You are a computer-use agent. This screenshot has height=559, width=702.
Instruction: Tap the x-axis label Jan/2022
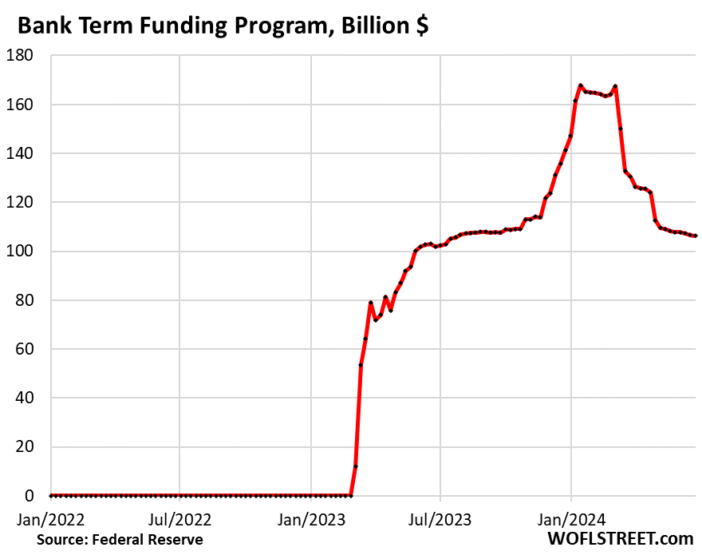click(x=49, y=520)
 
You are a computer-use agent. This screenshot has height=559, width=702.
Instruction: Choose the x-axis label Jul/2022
click(x=179, y=520)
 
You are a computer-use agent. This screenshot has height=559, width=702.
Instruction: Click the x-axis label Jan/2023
click(x=310, y=520)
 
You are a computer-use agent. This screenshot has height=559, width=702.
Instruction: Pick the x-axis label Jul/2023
click(x=440, y=520)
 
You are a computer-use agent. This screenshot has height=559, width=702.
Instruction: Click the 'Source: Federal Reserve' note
click(x=120, y=541)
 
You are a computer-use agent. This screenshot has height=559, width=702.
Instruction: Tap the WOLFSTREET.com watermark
click(x=621, y=540)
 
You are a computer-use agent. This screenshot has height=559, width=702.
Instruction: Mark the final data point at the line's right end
click(x=695, y=236)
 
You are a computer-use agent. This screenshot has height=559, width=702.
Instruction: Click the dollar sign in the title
click(x=420, y=26)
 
